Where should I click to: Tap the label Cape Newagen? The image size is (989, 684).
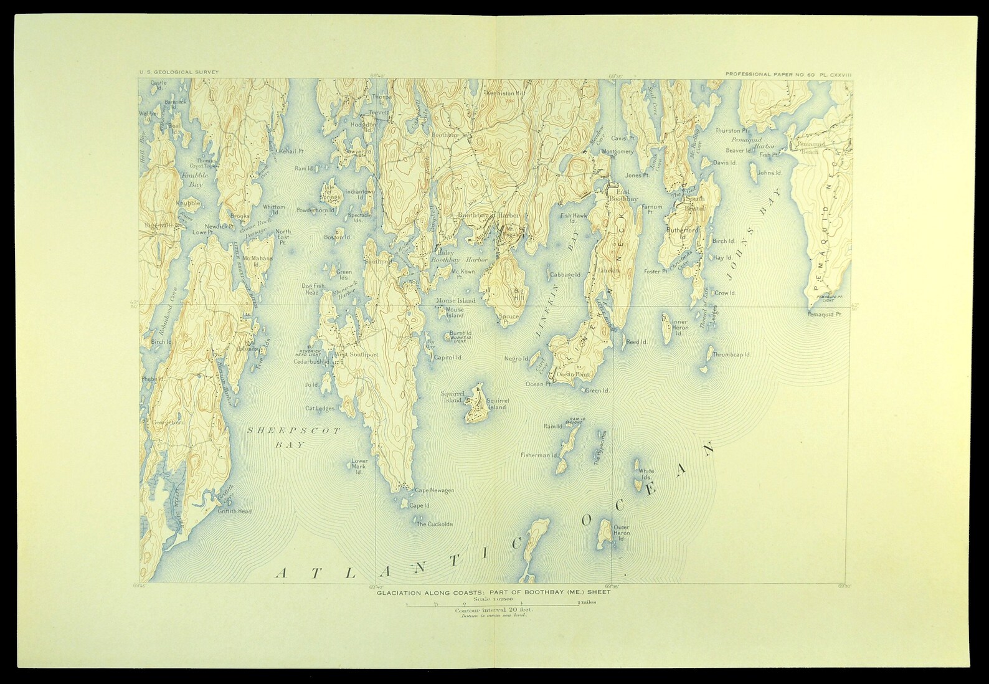pyautogui.click(x=435, y=490)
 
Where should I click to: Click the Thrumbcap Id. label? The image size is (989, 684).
pyautogui.click(x=731, y=354)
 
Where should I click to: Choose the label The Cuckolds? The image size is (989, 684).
pyautogui.click(x=434, y=524)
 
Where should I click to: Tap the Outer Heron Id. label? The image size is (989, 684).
pyautogui.click(x=622, y=531)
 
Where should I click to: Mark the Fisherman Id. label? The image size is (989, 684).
pyautogui.click(x=539, y=455)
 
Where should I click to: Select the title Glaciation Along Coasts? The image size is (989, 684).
pyautogui.click(x=493, y=592)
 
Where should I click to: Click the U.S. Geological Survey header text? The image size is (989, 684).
pyautogui.click(x=179, y=73)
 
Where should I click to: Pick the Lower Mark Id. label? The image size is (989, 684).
pyautogui.click(x=360, y=466)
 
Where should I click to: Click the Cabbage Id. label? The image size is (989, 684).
pyautogui.click(x=565, y=274)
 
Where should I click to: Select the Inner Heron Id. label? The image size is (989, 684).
pyautogui.click(x=679, y=328)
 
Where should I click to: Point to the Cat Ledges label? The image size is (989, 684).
pyautogui.click(x=319, y=409)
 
